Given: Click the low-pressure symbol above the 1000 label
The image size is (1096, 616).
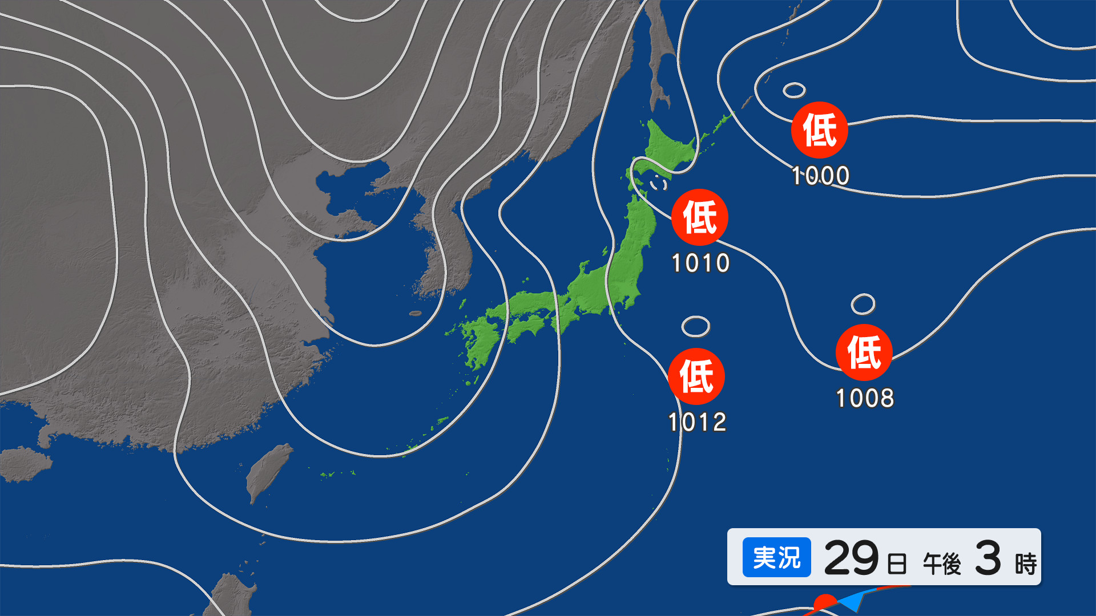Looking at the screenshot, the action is click(819, 130).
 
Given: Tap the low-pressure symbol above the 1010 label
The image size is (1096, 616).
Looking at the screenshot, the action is click(699, 217).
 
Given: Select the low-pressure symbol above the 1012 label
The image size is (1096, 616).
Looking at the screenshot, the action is click(696, 376).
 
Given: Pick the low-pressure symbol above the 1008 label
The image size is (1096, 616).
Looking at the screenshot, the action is click(864, 352).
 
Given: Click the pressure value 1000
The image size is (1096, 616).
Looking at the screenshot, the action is click(820, 176).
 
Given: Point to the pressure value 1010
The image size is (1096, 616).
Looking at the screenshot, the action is click(700, 264).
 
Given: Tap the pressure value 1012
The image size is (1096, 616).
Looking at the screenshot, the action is click(697, 423).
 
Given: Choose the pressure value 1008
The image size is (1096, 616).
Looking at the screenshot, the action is click(865, 398).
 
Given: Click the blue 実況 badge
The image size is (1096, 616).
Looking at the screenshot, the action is click(776, 557).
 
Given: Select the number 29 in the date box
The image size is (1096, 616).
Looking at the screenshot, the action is click(851, 558).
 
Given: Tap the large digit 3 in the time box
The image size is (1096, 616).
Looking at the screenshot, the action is click(988, 558).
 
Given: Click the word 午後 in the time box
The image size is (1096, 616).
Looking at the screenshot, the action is click(942, 564).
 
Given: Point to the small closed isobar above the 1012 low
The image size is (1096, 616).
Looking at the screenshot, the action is click(695, 326).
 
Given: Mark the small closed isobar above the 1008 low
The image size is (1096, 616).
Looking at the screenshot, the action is click(863, 304).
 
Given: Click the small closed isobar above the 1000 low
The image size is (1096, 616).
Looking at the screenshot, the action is click(794, 90).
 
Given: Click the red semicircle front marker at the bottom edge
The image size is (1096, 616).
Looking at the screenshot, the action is click(824, 603).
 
